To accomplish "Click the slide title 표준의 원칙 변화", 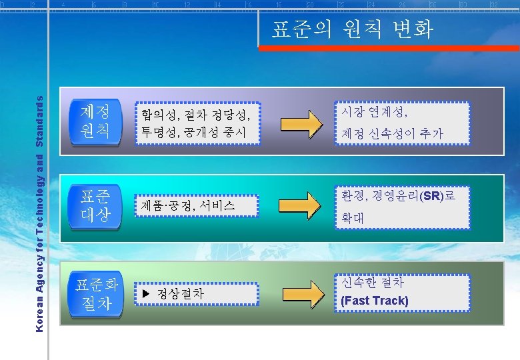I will [352, 29].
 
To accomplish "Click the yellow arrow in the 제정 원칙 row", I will [301, 123].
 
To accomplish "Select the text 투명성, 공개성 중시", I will [193, 133].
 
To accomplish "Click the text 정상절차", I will [180, 293].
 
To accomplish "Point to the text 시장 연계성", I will [374, 111].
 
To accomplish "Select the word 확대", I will [353, 218].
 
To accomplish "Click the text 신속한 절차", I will [372, 282].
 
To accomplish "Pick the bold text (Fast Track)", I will [374, 301].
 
